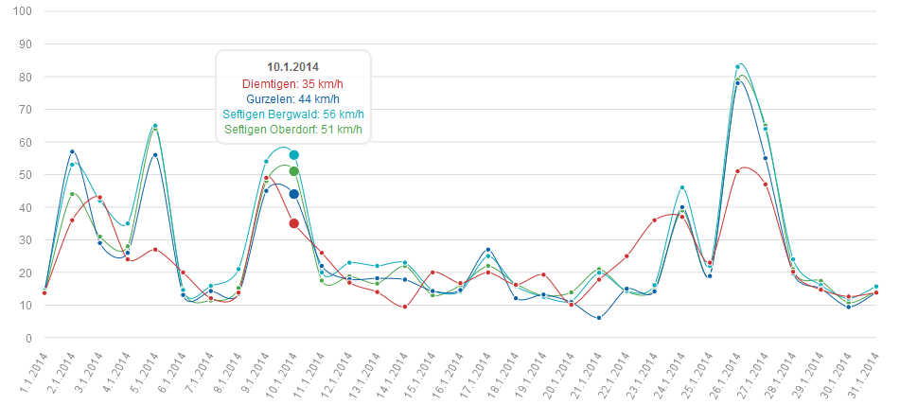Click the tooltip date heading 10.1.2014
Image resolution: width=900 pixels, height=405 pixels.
point(292,66)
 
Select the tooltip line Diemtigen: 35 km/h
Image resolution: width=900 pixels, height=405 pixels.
point(292,83)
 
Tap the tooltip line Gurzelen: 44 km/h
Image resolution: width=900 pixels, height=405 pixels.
point(292,98)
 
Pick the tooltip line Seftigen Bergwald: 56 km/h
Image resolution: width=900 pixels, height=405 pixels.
point(292,114)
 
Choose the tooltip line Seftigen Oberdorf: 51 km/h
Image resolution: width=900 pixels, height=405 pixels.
point(292,129)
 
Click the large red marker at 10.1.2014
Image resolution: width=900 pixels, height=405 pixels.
point(294,223)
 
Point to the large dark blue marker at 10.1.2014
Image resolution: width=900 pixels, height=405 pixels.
point(294,194)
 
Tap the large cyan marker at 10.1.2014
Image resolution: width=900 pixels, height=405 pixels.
point(294,154)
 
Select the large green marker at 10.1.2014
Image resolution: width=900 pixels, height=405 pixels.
point(294,171)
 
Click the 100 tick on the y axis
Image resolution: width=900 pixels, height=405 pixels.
point(22,11)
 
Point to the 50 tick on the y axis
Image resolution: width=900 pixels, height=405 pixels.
point(25,175)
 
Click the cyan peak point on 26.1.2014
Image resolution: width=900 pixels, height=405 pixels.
point(738,67)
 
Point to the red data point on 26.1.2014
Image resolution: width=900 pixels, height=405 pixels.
point(738,171)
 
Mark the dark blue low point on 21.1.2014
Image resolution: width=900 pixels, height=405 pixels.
point(599,318)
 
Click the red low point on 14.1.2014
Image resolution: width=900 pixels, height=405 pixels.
point(405,307)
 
